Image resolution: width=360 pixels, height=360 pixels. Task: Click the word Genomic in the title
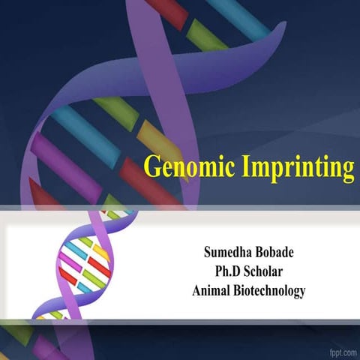click(x=187, y=166)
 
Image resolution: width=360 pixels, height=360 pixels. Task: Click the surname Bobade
click(x=277, y=250)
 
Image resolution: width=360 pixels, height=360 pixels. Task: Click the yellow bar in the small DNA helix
click(x=100, y=251)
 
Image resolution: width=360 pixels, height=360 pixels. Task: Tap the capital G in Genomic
click(x=152, y=166)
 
